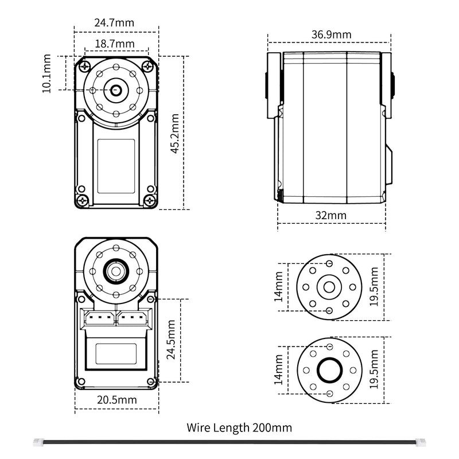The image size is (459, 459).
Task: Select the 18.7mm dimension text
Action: (115, 44)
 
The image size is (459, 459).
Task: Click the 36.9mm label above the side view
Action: (331, 35)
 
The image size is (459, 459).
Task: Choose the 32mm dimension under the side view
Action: (331, 215)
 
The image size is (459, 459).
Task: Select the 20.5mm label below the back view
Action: (117, 399)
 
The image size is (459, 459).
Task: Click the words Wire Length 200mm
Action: (239, 427)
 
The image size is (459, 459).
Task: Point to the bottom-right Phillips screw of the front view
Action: (150, 200)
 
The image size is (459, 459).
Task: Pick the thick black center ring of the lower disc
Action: (330, 371)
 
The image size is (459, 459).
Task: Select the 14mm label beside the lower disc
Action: (278, 370)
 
